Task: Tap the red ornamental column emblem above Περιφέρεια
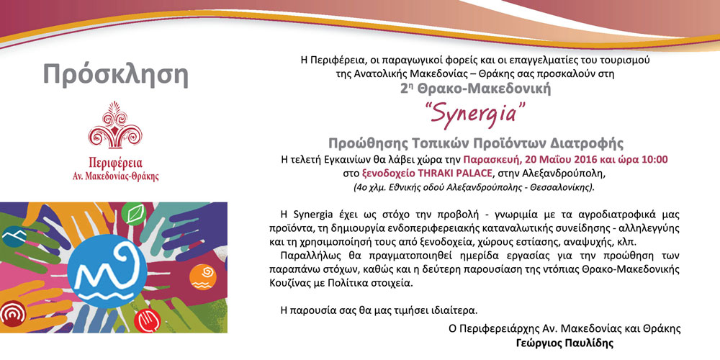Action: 115,125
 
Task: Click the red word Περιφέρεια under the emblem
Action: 115,163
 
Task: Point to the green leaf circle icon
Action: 134,214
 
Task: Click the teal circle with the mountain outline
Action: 14,236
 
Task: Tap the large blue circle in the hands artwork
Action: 107,271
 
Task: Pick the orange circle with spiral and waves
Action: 202,277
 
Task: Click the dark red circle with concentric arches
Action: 12,314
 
